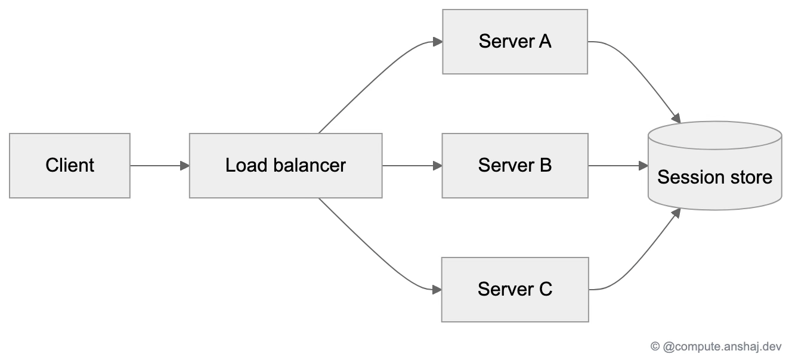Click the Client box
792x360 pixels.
point(70,166)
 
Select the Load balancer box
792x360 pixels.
point(286,166)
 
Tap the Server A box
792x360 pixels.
point(515,42)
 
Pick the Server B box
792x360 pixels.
point(515,166)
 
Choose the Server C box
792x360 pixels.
point(515,290)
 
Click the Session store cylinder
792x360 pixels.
point(715,166)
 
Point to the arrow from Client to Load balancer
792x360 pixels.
point(160,166)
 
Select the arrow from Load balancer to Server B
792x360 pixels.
point(412,166)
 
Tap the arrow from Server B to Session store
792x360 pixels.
point(618,166)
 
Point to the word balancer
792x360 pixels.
point(310,165)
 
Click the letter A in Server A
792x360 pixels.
point(545,41)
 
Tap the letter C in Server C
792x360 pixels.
point(546,289)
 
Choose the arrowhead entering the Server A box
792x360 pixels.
point(438,42)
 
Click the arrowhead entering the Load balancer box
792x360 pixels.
point(185,166)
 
